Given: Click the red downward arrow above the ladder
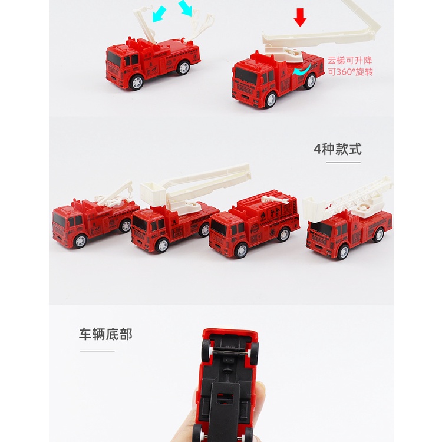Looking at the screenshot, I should pyautogui.click(x=301, y=18).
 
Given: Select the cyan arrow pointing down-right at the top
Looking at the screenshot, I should pyautogui.click(x=186, y=8).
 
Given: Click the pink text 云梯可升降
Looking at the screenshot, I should pyautogui.click(x=350, y=60).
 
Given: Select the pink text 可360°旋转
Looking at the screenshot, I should pyautogui.click(x=350, y=72).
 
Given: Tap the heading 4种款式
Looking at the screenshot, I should pyautogui.click(x=337, y=149).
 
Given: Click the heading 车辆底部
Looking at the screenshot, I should pyautogui.click(x=105, y=334).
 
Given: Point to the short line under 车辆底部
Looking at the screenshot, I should pyautogui.click(x=97, y=351).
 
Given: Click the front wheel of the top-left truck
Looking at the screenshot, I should pyautogui.click(x=137, y=82).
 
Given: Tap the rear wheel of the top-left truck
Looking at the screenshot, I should pyautogui.click(x=184, y=68).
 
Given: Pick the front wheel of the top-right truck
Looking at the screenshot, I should pyautogui.click(x=269, y=100).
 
